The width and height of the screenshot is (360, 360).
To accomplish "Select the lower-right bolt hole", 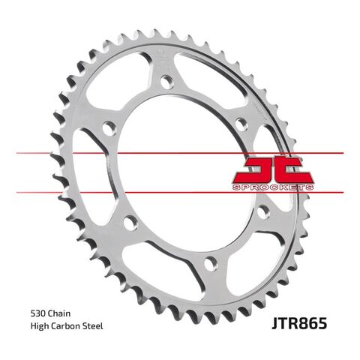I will pos(261,212).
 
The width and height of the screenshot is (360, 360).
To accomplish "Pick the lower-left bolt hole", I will pos(129,221).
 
